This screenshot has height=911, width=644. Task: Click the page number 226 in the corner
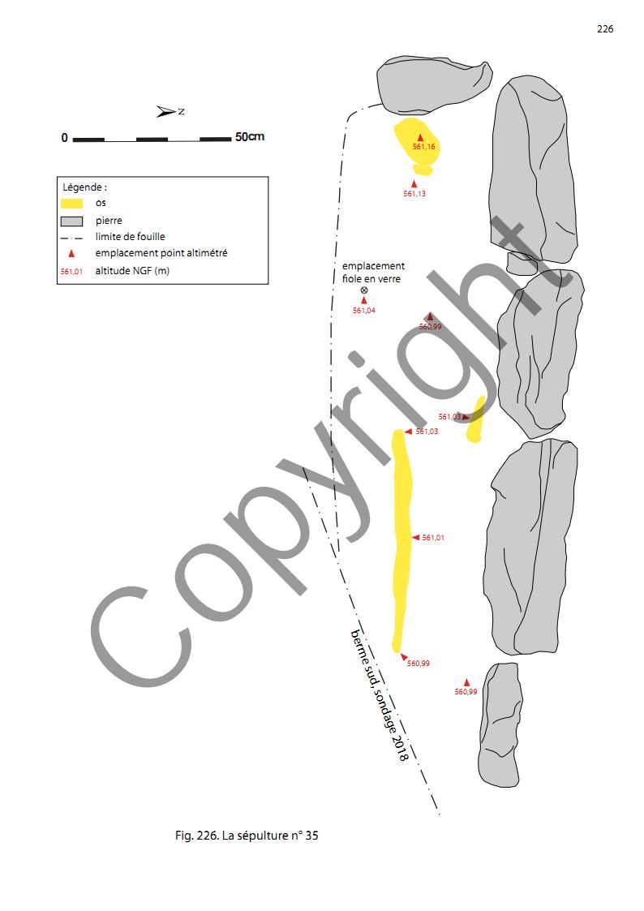604,29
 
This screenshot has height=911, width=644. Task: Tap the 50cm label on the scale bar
250,137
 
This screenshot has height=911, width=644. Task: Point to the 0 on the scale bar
64,138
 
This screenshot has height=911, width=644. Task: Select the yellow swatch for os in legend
71,204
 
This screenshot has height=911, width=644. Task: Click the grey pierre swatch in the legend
71,221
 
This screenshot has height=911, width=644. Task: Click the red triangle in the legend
71,253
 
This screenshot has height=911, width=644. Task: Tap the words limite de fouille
130,236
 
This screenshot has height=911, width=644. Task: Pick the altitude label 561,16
424,146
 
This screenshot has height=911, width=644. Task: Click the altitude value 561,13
414,193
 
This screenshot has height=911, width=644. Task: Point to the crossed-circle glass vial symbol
364,290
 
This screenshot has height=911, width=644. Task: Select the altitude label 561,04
364,310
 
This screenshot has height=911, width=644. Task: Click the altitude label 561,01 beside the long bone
433,537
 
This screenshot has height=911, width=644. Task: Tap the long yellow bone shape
401,540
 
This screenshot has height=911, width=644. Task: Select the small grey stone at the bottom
500,724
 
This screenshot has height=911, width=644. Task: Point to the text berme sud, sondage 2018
380,695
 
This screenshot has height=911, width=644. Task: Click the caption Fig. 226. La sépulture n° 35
247,836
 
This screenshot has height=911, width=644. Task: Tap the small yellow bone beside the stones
475,419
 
